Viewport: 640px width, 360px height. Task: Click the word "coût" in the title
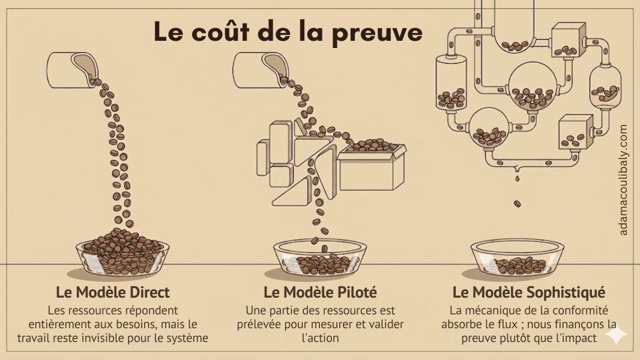pos(222,31)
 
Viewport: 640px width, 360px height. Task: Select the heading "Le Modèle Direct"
pos(113,292)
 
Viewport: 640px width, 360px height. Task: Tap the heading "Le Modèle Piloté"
pos(320,292)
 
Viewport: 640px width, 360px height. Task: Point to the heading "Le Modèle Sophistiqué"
pos(528,292)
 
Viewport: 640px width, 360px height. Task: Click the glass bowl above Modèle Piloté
pos(320,258)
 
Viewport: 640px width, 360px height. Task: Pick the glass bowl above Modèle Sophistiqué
pos(517,258)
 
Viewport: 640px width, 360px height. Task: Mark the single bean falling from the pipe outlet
pos(517,204)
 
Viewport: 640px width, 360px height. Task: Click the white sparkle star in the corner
pos(616,335)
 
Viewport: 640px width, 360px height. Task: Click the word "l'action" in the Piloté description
pos(320,338)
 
